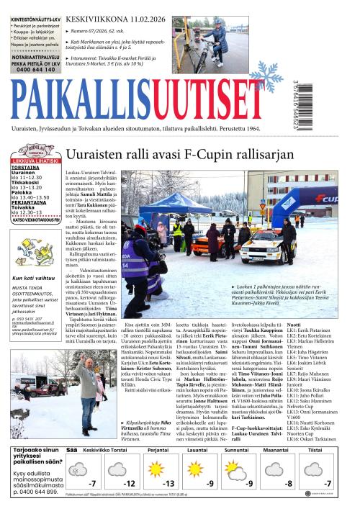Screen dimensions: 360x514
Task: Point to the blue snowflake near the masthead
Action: click(x=264, y=79)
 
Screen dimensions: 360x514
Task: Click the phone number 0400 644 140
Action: click(x=36, y=69)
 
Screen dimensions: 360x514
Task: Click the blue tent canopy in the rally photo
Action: click(x=172, y=202)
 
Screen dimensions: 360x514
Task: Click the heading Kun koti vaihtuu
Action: click(x=34, y=277)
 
